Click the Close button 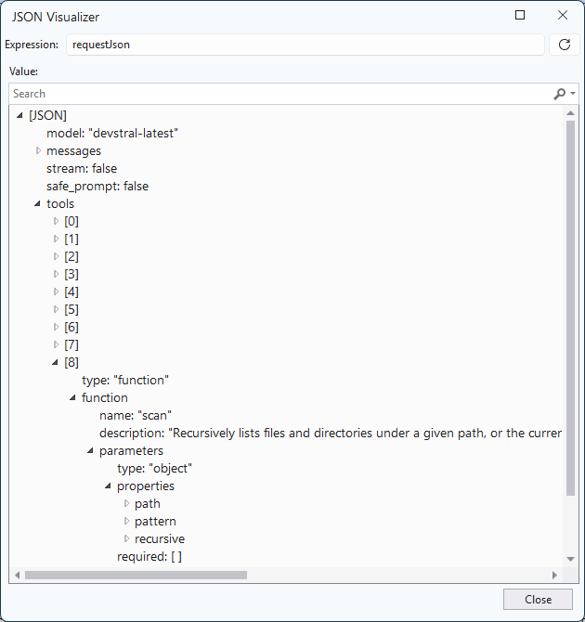(538, 599)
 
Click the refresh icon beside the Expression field (565, 45)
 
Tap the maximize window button (520, 15)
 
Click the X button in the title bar (563, 15)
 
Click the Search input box (278, 94)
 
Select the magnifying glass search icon (560, 94)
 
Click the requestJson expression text (101, 45)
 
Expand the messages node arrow (38, 150)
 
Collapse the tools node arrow (38, 203)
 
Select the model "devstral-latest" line (112, 134)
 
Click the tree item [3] (71, 274)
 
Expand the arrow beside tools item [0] (56, 221)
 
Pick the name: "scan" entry (136, 415)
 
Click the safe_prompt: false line (97, 186)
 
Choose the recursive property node (160, 538)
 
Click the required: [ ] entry (149, 556)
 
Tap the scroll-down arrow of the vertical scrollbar (571, 559)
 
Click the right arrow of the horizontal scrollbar (554, 576)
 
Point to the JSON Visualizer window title (56, 17)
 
